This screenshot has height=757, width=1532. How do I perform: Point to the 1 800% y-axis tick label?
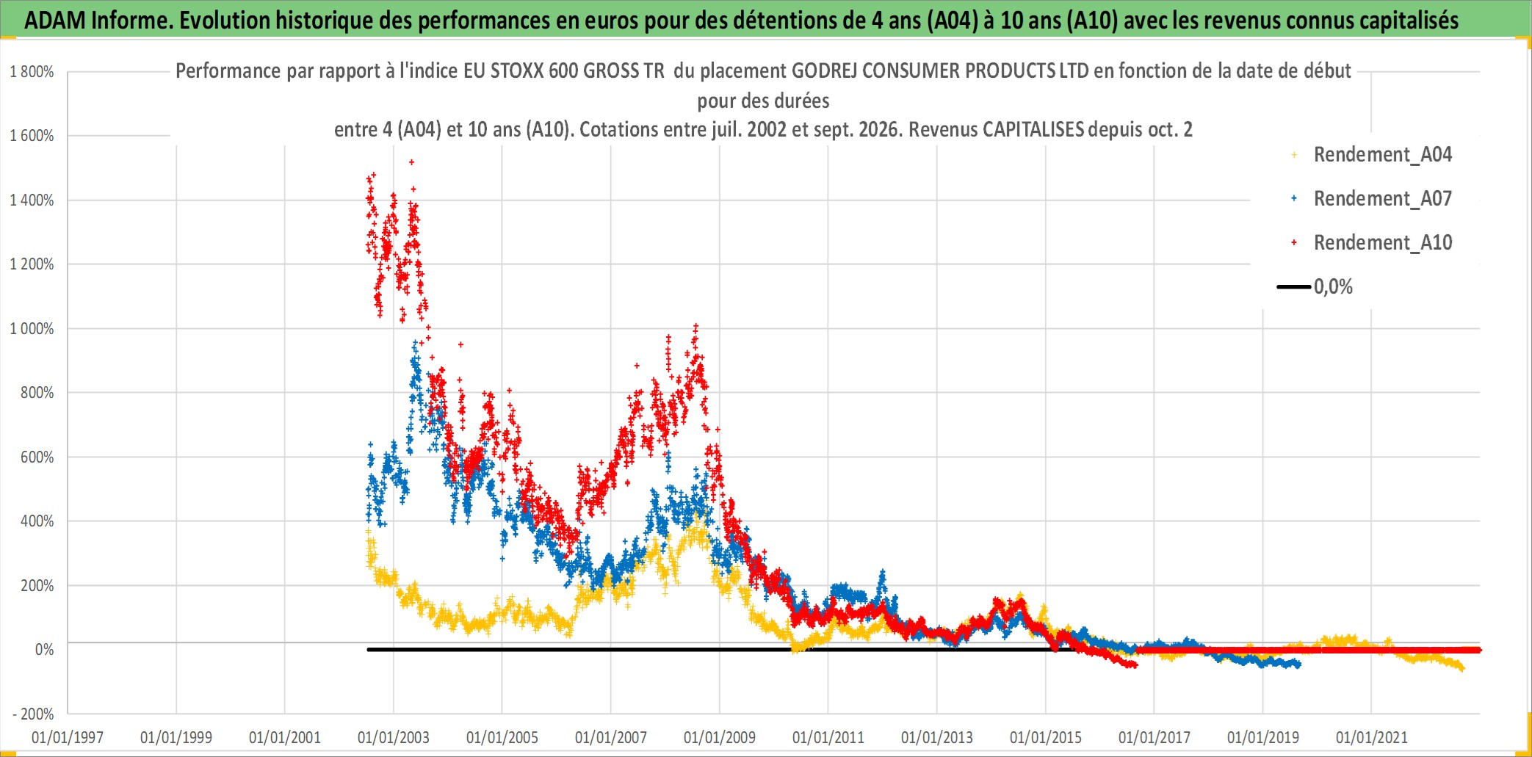tap(32, 72)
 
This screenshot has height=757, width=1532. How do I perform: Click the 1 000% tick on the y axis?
tap(32, 329)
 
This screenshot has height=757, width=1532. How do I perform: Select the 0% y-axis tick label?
tap(44, 650)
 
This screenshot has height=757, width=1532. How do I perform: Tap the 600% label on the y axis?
tap(37, 457)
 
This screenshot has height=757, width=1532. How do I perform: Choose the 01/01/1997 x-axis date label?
tap(68, 737)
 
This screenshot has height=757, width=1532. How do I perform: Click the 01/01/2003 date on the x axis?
tap(394, 737)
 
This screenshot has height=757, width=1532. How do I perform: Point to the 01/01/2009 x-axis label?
tap(720, 737)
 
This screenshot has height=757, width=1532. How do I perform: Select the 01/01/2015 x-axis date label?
tap(1046, 737)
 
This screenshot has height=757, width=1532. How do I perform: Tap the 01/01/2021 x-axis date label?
tap(1372, 737)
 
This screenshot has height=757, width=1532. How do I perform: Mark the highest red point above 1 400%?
tap(411, 162)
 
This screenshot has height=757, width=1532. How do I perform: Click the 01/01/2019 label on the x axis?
tap(1263, 737)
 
